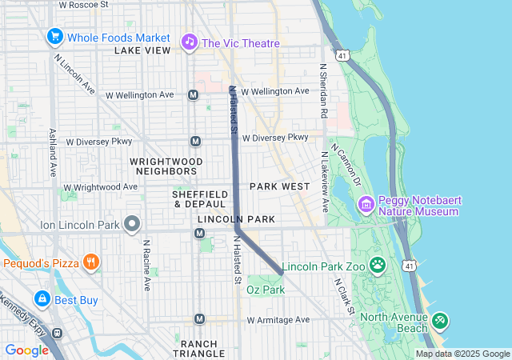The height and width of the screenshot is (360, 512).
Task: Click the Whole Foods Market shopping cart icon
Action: [55, 37]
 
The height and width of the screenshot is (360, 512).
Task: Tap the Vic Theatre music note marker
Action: [189, 41]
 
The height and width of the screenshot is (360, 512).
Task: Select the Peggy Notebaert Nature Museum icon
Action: [366, 205]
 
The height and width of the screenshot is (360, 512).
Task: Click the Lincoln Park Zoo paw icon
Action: [377, 265]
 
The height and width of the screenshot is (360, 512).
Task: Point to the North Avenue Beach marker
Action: [439, 321]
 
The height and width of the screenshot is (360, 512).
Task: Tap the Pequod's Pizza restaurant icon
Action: [92, 262]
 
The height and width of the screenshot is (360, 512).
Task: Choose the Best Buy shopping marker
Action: [42, 299]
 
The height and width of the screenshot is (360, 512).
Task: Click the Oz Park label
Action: [266, 289]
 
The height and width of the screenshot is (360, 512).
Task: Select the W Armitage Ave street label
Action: [278, 320]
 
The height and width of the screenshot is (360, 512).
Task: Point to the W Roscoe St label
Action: [84, 4]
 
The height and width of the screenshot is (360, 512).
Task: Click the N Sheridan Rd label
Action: [324, 91]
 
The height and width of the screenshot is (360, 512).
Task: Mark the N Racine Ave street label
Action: [146, 265]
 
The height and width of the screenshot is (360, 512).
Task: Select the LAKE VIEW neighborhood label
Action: [142, 50]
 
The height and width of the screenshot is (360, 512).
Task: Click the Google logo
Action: [26, 350]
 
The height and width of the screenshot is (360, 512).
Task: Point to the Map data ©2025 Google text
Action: [462, 354]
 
